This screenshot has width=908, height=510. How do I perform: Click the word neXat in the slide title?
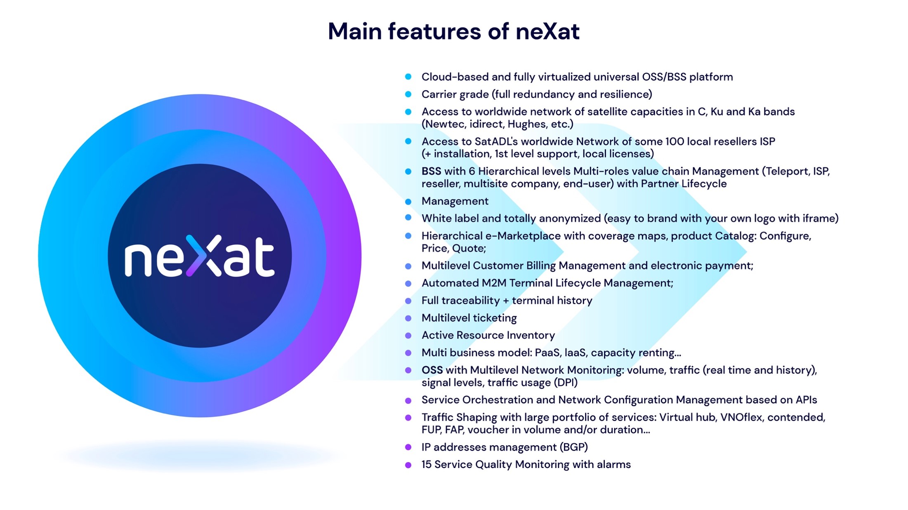(x=547, y=31)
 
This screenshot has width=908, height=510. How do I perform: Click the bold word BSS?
(x=431, y=171)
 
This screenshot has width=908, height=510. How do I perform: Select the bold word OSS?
(x=432, y=370)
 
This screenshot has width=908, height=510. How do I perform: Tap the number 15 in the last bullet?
(x=426, y=465)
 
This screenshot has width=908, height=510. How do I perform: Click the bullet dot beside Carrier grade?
(x=408, y=94)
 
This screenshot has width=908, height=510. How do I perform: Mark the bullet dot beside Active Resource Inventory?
(x=408, y=336)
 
